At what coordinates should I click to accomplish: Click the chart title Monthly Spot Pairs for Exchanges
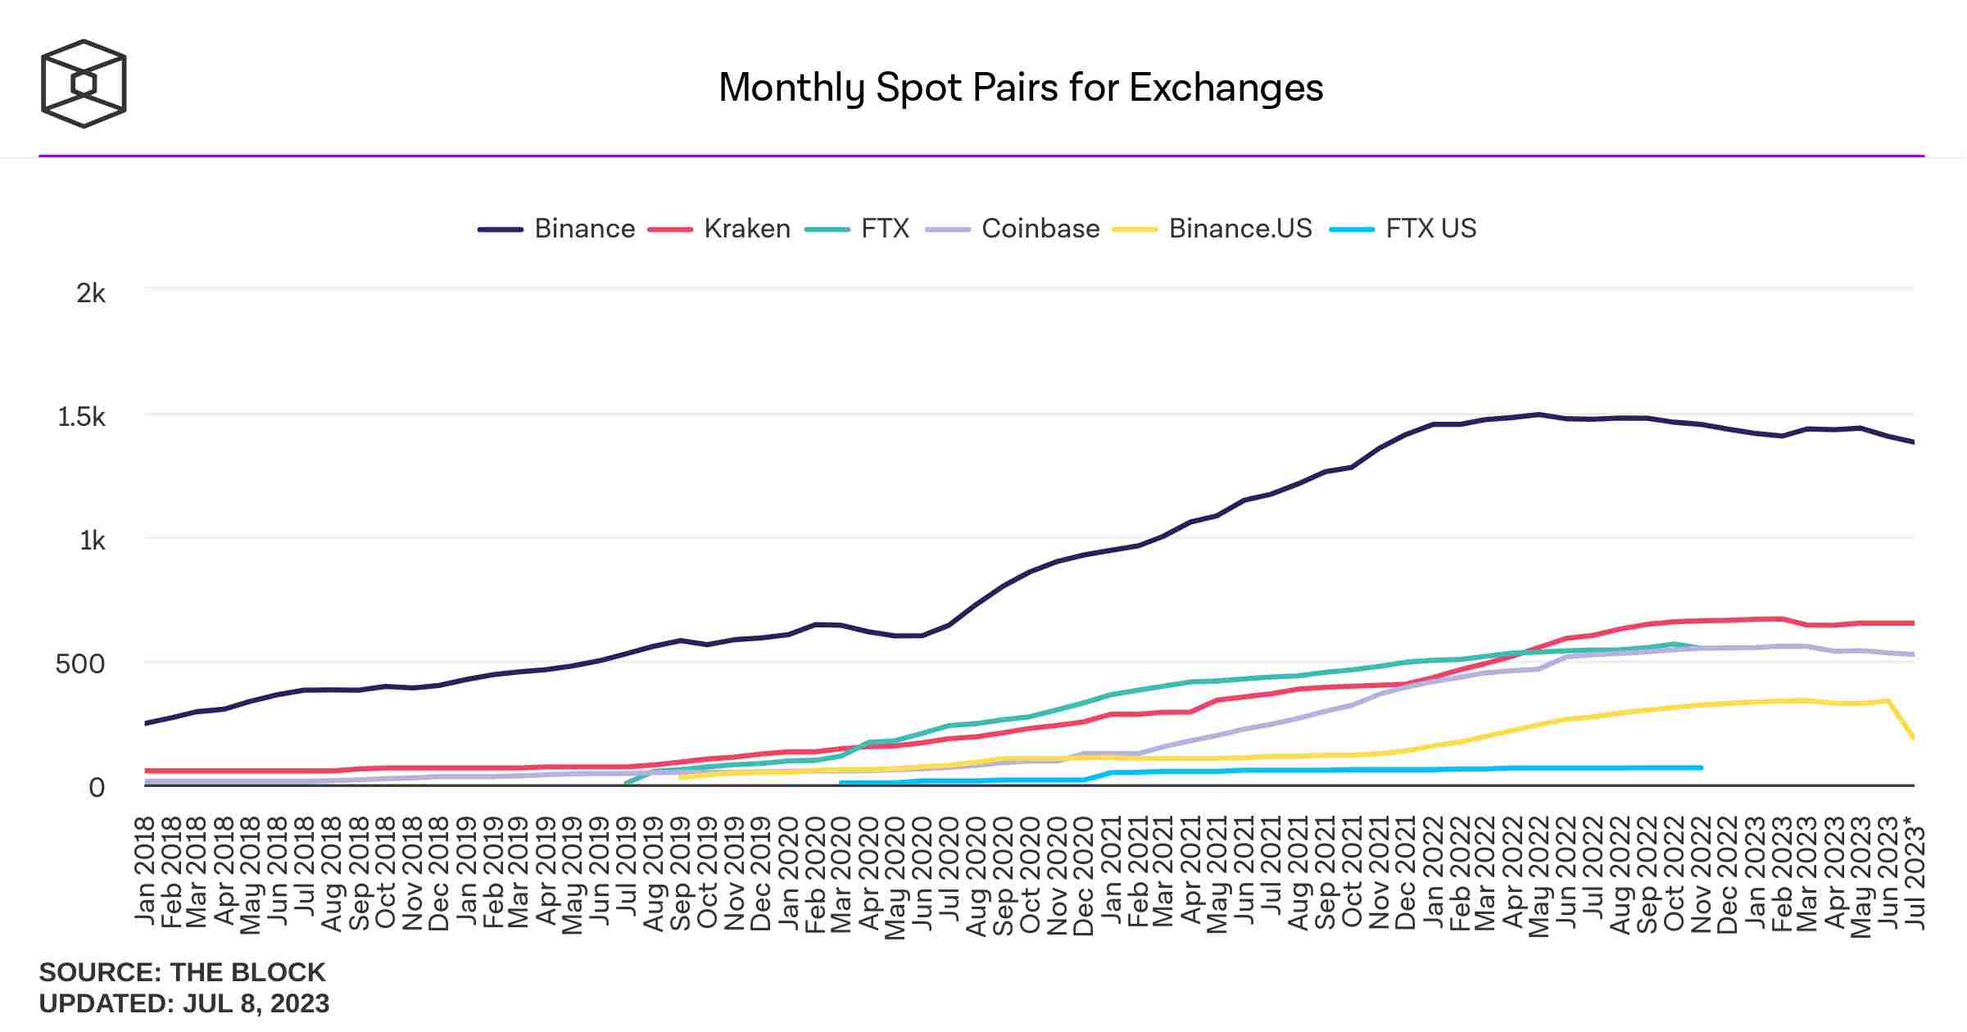pyautogui.click(x=1021, y=88)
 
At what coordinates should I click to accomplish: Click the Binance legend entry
pyautogui.click(x=584, y=229)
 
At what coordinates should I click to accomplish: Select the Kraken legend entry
pyautogui.click(x=746, y=229)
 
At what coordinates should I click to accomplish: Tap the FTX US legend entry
pyautogui.click(x=1430, y=229)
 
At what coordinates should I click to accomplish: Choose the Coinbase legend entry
pyautogui.click(x=1040, y=229)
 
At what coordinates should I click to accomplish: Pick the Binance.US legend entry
pyautogui.click(x=1240, y=229)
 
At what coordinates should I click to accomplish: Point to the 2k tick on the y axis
pyautogui.click(x=91, y=293)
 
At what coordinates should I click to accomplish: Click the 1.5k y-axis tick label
pyautogui.click(x=81, y=417)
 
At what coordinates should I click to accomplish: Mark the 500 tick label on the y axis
pyautogui.click(x=80, y=663)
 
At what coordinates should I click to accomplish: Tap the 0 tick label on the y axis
pyautogui.click(x=97, y=788)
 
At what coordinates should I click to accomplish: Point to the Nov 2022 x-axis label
pyautogui.click(x=1702, y=874)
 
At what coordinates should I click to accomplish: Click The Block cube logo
pyautogui.click(x=84, y=84)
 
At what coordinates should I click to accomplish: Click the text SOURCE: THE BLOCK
pyautogui.click(x=182, y=972)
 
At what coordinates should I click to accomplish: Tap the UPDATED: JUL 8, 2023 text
pyautogui.click(x=184, y=1003)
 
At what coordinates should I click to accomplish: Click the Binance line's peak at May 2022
pyautogui.click(x=1539, y=414)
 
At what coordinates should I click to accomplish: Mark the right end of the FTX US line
pyautogui.click(x=1701, y=767)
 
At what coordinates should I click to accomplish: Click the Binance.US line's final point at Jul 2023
pyautogui.click(x=1913, y=738)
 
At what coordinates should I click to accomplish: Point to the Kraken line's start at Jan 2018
pyautogui.click(x=147, y=771)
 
